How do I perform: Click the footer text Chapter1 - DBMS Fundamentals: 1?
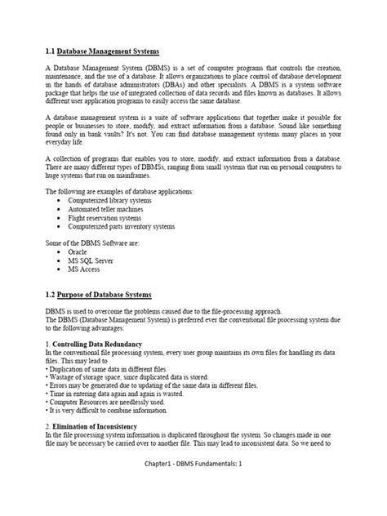(x=193, y=487)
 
